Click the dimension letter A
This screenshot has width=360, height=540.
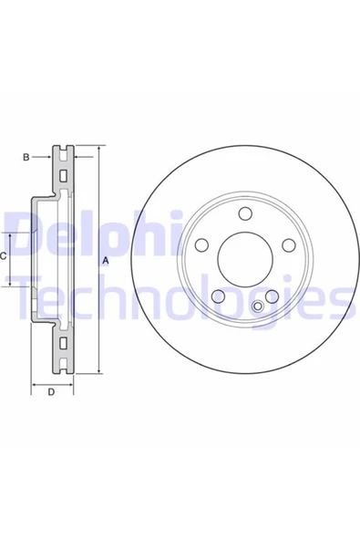pyautogui.click(x=106, y=261)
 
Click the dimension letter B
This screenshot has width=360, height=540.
pyautogui.click(x=26, y=158)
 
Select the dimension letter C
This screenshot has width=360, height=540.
pyautogui.click(x=3, y=256)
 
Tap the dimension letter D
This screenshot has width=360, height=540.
pyautogui.click(x=51, y=392)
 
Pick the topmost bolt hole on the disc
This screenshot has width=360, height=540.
pyautogui.click(x=245, y=213)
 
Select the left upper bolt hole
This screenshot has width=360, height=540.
pyautogui.click(x=201, y=244)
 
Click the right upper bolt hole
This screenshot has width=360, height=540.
pyautogui.click(x=289, y=244)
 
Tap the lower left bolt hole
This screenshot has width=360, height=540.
pyautogui.click(x=218, y=296)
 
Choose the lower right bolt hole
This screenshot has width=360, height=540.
pyautogui.click(x=272, y=296)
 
